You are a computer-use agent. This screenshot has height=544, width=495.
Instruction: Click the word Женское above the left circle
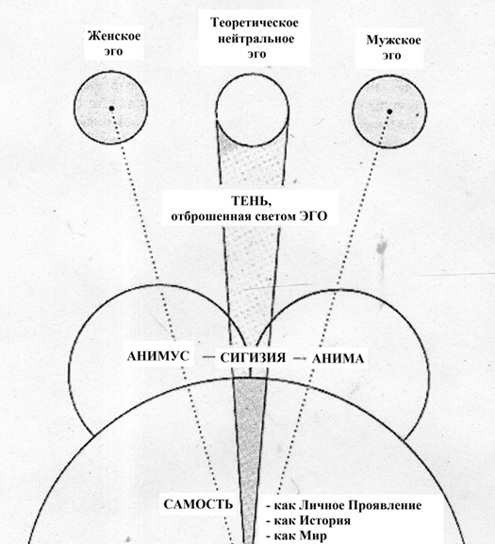click(x=114, y=36)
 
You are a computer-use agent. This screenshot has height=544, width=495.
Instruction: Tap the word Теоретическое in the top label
click(x=255, y=23)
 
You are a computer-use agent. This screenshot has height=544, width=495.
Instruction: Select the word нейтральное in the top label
click(x=256, y=39)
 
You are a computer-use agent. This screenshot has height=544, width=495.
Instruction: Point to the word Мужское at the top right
click(x=393, y=41)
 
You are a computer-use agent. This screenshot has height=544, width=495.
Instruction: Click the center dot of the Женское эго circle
click(x=111, y=109)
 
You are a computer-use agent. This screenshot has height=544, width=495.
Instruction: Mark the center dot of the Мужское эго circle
click(x=389, y=111)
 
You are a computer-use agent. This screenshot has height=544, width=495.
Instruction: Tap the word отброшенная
click(x=211, y=217)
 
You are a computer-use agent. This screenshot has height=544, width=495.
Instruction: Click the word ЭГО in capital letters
click(x=313, y=216)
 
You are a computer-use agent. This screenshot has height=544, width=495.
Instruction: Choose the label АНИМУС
click(x=158, y=356)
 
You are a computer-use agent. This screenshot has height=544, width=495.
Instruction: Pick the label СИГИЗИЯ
click(x=253, y=358)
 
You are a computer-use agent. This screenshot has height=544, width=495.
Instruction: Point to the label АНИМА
click(x=338, y=359)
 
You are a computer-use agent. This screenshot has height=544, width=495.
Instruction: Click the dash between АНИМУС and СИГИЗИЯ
click(x=208, y=357)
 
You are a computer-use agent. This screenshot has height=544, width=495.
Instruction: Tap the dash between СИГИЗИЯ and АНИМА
click(x=299, y=358)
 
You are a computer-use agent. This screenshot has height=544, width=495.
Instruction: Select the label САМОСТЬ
click(x=198, y=504)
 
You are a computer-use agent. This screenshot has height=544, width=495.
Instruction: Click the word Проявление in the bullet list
click(x=385, y=505)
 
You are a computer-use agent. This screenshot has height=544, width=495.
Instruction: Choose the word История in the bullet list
click(x=324, y=520)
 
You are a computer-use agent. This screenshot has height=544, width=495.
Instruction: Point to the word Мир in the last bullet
click(x=312, y=536)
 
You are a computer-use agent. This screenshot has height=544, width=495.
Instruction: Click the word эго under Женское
click(x=114, y=52)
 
